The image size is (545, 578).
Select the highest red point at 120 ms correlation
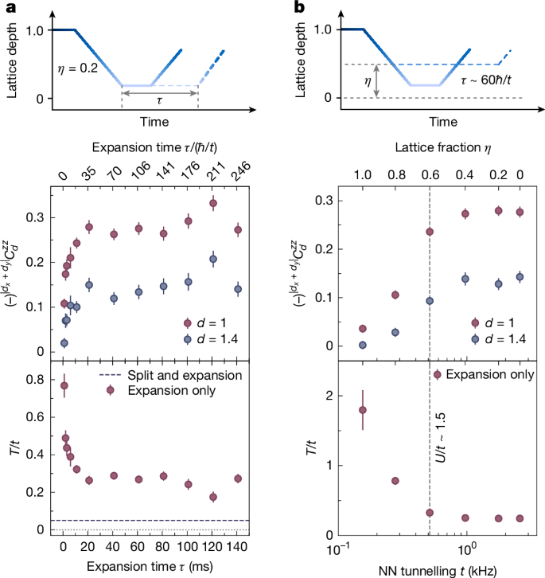point(213,203)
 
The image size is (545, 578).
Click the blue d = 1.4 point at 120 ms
point(213,259)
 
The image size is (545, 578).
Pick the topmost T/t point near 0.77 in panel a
point(64,385)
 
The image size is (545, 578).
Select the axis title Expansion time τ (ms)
point(149,567)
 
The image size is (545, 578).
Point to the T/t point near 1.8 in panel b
point(363,410)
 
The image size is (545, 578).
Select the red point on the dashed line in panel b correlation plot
point(430,232)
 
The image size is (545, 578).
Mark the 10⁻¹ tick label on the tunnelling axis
point(341,549)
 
